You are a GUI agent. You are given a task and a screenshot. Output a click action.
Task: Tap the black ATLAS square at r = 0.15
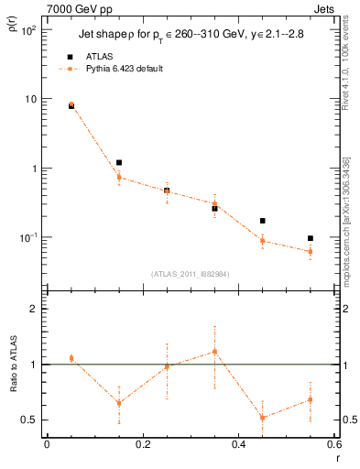[119, 162]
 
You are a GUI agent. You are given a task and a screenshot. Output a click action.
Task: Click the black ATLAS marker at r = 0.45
[262, 221]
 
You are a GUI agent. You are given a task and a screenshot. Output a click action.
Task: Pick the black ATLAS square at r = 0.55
[310, 238]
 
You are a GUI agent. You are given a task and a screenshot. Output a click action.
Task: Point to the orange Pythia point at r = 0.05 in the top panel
[71, 104]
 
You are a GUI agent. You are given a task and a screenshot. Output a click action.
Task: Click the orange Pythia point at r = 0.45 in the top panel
[262, 240]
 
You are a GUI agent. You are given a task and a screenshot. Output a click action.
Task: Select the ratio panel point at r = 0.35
[214, 351]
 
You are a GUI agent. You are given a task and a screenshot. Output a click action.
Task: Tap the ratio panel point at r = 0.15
[119, 403]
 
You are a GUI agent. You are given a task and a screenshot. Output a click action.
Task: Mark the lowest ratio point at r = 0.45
[262, 418]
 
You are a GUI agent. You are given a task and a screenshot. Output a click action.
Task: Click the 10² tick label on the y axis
[28, 30]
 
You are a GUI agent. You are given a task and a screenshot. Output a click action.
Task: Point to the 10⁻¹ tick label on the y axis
[28, 238]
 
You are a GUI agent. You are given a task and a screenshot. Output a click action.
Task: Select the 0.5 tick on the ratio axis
[30, 420]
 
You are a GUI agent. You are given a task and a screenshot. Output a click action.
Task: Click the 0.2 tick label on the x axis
[142, 444]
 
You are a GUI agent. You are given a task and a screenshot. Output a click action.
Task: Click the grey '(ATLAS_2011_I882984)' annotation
[191, 273]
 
